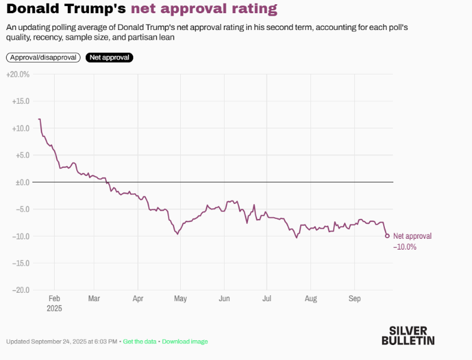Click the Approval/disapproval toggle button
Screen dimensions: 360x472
(43, 58)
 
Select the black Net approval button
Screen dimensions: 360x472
(109, 58)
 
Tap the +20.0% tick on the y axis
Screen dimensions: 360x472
(17, 74)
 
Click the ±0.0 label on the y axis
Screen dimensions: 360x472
(22, 182)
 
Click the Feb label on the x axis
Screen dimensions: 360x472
(54, 299)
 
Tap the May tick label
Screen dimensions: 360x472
(181, 299)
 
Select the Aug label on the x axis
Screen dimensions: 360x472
(310, 299)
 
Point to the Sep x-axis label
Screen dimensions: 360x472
(354, 299)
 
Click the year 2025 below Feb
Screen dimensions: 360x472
(54, 308)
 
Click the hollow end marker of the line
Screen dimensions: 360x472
(387, 236)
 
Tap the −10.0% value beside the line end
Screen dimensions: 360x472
(405, 247)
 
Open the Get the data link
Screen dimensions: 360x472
(139, 341)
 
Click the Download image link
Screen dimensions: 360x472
(185, 341)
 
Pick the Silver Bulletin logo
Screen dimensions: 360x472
(408, 335)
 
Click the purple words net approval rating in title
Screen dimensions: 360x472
(204, 9)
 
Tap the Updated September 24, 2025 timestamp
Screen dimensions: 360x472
(62, 341)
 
